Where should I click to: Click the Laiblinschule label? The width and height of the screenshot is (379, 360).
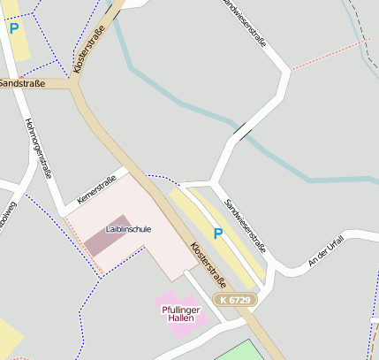129,229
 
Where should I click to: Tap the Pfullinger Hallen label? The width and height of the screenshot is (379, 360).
181,314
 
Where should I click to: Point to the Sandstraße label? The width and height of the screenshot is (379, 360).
20,82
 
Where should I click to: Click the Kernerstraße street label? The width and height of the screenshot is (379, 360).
96,187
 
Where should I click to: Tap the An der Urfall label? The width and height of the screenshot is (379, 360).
324,253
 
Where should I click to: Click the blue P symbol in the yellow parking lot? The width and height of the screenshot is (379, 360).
217,234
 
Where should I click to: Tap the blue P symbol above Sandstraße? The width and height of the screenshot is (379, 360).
13,28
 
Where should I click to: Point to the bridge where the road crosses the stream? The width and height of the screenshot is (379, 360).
242,134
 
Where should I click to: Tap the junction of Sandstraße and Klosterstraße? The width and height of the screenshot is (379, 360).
75,84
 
